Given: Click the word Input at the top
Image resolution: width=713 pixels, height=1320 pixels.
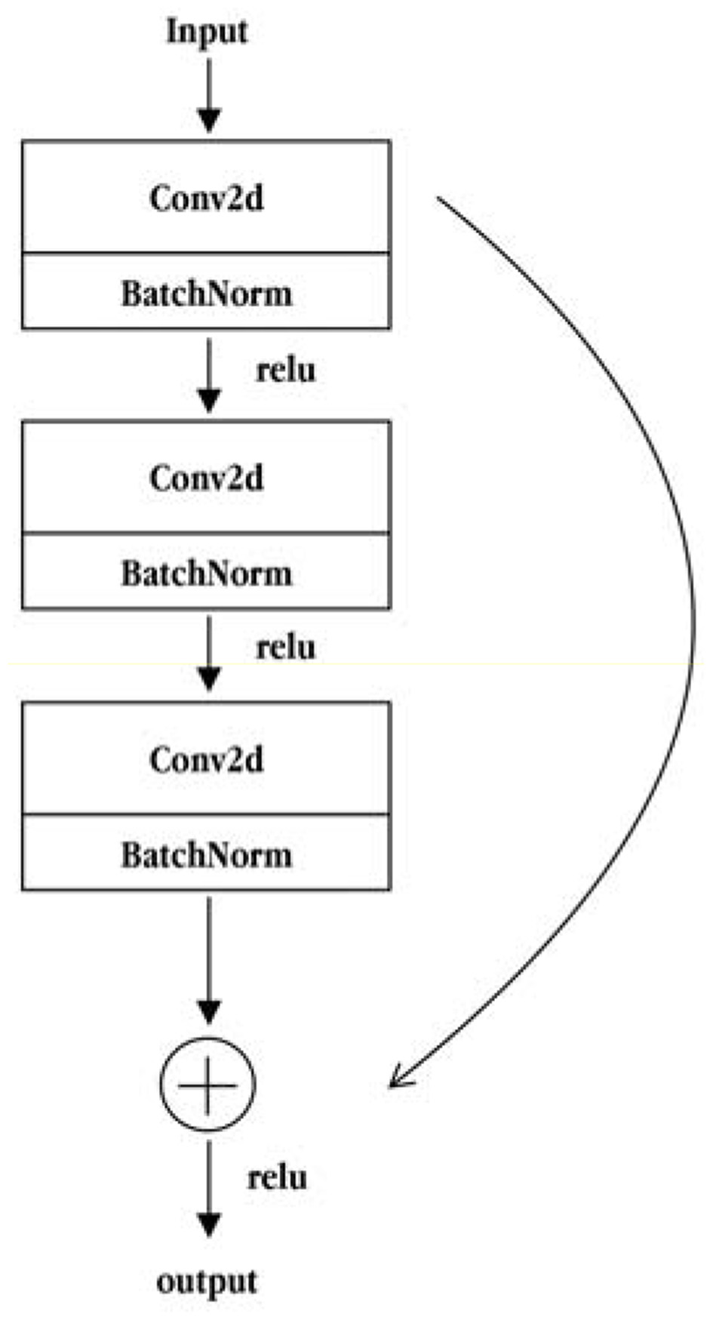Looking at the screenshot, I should coord(207,32).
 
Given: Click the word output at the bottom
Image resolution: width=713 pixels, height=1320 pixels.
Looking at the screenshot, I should coord(207,1282).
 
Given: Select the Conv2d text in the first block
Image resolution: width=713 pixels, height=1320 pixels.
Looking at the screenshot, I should coord(207,198).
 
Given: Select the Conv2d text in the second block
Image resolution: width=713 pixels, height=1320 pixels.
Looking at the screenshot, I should coord(207,478).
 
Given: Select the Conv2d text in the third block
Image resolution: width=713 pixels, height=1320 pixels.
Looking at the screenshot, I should coord(207,758).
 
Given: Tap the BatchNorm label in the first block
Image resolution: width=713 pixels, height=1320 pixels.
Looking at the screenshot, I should coord(207,293).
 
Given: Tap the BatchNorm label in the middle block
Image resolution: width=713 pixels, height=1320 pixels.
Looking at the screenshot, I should coord(207,573).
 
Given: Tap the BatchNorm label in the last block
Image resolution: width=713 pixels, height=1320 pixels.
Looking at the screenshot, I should coord(207,854).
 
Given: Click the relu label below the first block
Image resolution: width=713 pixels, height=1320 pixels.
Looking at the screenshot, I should coord(286,370).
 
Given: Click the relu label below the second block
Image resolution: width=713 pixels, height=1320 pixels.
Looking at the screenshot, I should coord(286,648).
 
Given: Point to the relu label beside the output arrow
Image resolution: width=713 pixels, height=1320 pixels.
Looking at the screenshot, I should coord(277,1177).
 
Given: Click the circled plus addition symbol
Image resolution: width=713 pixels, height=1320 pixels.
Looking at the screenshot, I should coord(208,1085).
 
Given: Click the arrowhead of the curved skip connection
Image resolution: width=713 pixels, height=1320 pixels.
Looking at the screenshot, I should coord(396,1082).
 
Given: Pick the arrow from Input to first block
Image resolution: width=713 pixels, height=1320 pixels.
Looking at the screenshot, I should coord(208,94).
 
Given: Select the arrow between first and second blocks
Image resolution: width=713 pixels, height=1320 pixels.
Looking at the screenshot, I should coord(208,375).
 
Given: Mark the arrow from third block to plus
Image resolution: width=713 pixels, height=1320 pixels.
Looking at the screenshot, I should coord(208,958).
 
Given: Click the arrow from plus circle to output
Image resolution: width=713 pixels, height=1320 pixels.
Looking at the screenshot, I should coord(208,1189).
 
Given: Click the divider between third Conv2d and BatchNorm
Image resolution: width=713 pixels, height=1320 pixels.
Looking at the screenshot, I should coord(207,814).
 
